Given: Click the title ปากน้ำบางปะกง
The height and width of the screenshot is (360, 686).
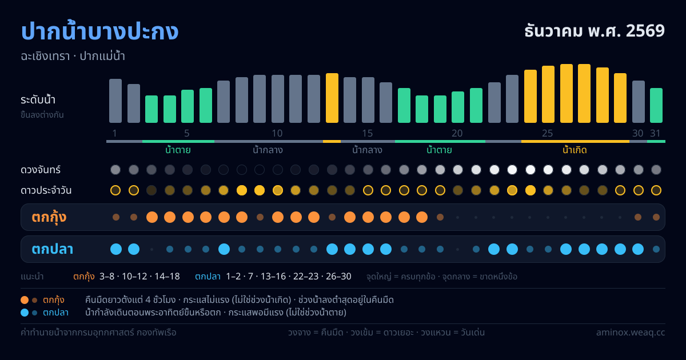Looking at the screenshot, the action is coord(99,31).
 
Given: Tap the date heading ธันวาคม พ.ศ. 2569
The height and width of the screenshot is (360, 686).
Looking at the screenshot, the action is coord(595,31).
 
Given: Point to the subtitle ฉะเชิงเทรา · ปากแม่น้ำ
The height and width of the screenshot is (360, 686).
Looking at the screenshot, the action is coord(73,57).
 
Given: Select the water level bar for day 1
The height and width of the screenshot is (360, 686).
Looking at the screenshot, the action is coord(115,101).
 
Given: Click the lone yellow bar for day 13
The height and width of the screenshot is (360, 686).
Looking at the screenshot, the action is coord(332,98).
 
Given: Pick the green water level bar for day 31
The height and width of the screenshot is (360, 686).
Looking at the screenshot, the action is coord(656,105).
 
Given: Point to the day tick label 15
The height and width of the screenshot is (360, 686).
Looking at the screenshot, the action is coord(368,133).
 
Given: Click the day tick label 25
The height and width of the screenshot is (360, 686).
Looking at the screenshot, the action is coord(548,133).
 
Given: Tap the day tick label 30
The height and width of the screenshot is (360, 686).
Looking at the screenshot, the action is coord(638,133).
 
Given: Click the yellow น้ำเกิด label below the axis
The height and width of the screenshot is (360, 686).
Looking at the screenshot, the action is coord(575,150).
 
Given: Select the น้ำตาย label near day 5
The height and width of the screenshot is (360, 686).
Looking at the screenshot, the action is coord(178,150).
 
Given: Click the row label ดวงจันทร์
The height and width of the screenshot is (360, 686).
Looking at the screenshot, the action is coord(41,170).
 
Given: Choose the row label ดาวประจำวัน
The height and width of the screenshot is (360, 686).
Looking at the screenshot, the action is coord(46,190).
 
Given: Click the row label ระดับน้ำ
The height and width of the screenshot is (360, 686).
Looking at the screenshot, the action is coord(38,100).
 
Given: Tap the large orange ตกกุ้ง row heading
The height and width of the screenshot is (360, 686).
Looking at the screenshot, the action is coord(49,217).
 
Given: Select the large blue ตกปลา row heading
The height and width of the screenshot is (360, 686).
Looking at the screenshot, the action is coord(53,249).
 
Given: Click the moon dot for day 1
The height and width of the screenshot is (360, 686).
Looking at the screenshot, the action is coord(115,170).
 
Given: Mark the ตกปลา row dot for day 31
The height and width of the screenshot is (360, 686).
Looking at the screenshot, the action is coord(656,249).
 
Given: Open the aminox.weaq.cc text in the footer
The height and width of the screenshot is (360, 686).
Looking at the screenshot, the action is coord(631,333).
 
